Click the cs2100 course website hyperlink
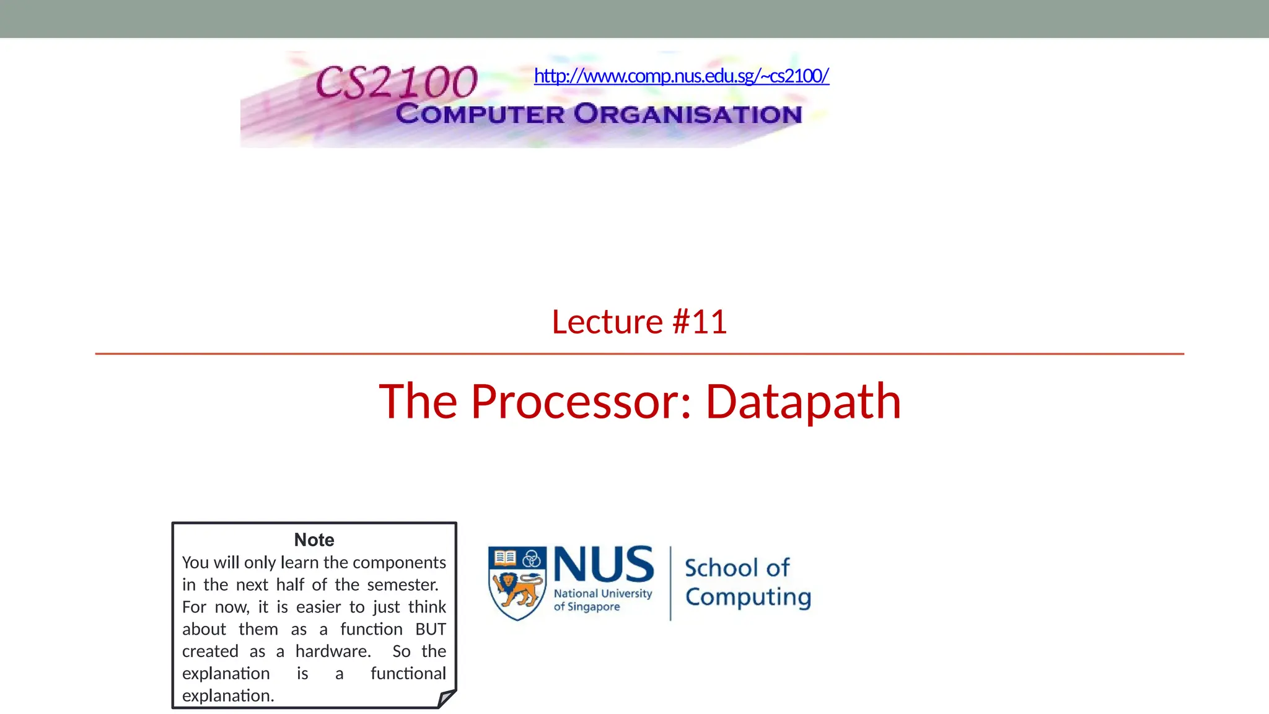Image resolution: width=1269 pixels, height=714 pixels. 681,76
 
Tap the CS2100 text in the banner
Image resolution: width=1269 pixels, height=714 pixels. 397,82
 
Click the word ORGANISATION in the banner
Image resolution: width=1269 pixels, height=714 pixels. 688,114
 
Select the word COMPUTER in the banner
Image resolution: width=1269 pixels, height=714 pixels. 480,114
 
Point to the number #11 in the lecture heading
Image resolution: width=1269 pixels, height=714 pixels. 700,322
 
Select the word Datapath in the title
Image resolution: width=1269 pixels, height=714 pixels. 803,402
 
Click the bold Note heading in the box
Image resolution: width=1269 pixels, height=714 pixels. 314,540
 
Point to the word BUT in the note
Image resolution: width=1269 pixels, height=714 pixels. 431,629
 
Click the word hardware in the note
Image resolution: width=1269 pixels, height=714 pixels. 332,651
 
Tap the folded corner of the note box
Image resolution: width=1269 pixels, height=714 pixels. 447,699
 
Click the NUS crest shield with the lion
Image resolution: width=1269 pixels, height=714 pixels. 517,583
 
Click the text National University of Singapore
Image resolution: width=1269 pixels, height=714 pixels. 602,599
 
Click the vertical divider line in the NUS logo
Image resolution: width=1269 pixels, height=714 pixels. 670,583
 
